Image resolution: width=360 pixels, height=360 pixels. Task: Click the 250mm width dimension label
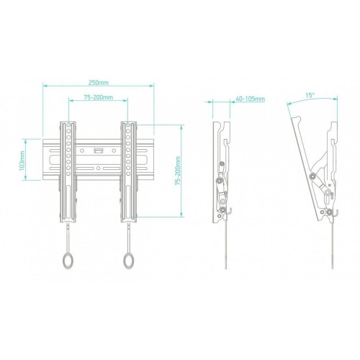tap(99, 83)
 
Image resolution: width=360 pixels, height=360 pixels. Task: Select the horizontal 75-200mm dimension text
tap(98, 97)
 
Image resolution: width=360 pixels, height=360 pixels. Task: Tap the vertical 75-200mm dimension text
tap(178, 171)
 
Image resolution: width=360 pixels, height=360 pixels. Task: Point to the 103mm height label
tap(22, 161)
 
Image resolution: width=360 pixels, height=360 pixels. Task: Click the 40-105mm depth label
tap(251, 99)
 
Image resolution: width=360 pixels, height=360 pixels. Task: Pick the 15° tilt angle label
tap(310, 95)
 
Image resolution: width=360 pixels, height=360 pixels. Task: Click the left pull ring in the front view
tap(68, 260)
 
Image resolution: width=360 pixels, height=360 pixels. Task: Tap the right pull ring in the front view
tap(129, 260)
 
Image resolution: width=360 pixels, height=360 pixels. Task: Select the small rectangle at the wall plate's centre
tap(98, 150)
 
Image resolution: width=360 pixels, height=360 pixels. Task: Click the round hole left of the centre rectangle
tap(82, 150)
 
